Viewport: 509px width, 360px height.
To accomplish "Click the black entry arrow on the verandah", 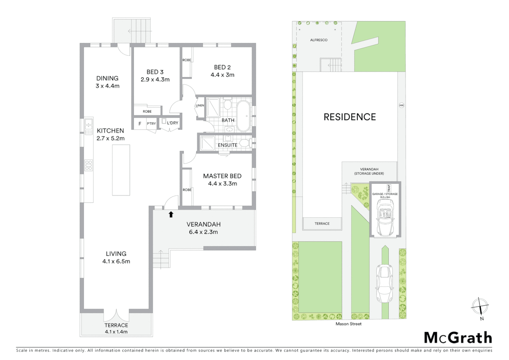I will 171,214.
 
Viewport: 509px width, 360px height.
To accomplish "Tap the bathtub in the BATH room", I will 244,116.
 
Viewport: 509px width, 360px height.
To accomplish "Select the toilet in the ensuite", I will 245,143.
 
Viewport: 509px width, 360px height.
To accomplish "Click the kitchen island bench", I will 121,170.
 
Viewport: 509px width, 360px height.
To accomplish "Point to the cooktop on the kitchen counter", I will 89,165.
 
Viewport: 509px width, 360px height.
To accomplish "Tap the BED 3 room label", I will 155,72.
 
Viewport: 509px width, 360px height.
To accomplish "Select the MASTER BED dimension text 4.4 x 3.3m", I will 223,184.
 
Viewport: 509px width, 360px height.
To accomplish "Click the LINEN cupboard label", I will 200,105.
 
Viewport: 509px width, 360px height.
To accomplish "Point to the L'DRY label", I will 173,123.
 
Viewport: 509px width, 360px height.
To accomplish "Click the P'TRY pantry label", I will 151,124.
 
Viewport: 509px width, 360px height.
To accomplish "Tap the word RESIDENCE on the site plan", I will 350,117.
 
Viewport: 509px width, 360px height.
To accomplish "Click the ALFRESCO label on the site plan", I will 319,40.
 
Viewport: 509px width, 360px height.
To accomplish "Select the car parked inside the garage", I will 385,217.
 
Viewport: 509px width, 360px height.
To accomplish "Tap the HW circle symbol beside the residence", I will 401,105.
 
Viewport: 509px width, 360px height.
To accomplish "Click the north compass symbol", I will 480,306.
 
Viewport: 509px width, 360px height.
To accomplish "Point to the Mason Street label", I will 348,324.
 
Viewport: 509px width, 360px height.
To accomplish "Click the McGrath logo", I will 458,338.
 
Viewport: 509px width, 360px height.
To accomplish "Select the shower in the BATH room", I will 213,107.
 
